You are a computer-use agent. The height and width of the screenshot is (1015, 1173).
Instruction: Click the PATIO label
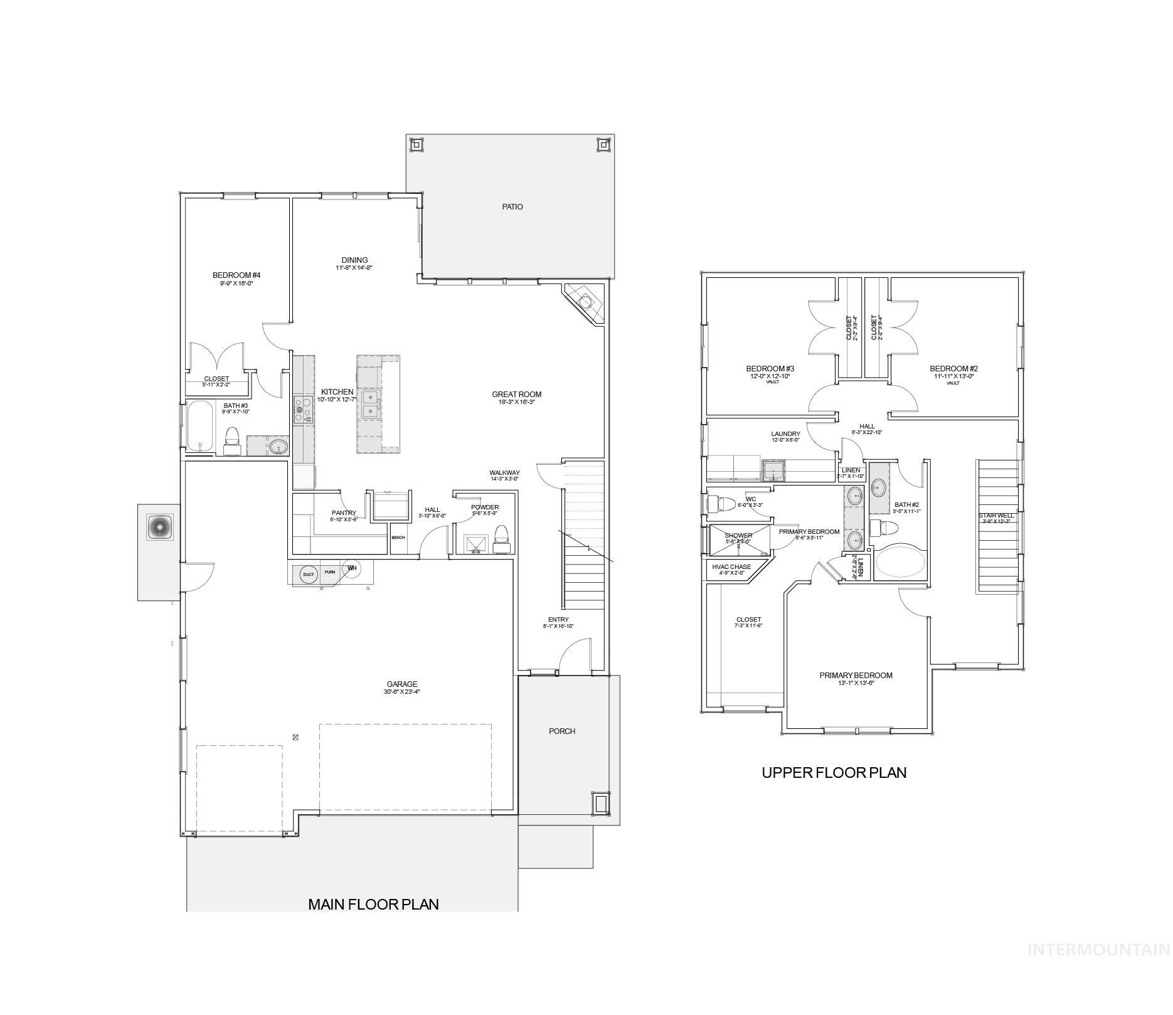512,207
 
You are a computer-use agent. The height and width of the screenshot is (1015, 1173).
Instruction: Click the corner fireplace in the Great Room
585,303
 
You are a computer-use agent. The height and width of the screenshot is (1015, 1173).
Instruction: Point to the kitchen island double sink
371,405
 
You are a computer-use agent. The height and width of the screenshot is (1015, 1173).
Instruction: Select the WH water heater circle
352,569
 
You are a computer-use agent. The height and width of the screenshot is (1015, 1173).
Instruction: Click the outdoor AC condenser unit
159,527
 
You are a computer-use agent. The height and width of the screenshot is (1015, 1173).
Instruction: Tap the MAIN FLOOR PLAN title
373,904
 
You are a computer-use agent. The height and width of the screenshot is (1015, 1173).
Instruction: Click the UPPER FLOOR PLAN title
834,772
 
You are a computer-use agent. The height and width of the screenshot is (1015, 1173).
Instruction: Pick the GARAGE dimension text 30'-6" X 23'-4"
402,692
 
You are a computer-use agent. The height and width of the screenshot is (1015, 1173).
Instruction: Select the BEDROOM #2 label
953,369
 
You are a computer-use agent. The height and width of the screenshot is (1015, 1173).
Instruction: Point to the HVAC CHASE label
731,567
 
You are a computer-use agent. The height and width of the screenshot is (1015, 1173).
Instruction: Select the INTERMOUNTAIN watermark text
1098,950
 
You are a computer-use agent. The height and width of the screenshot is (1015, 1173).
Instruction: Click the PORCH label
562,731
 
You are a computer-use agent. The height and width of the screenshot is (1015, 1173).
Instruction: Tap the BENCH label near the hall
398,538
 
